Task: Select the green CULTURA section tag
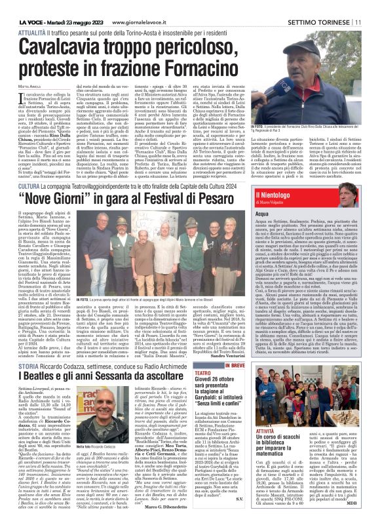click(28, 187)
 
